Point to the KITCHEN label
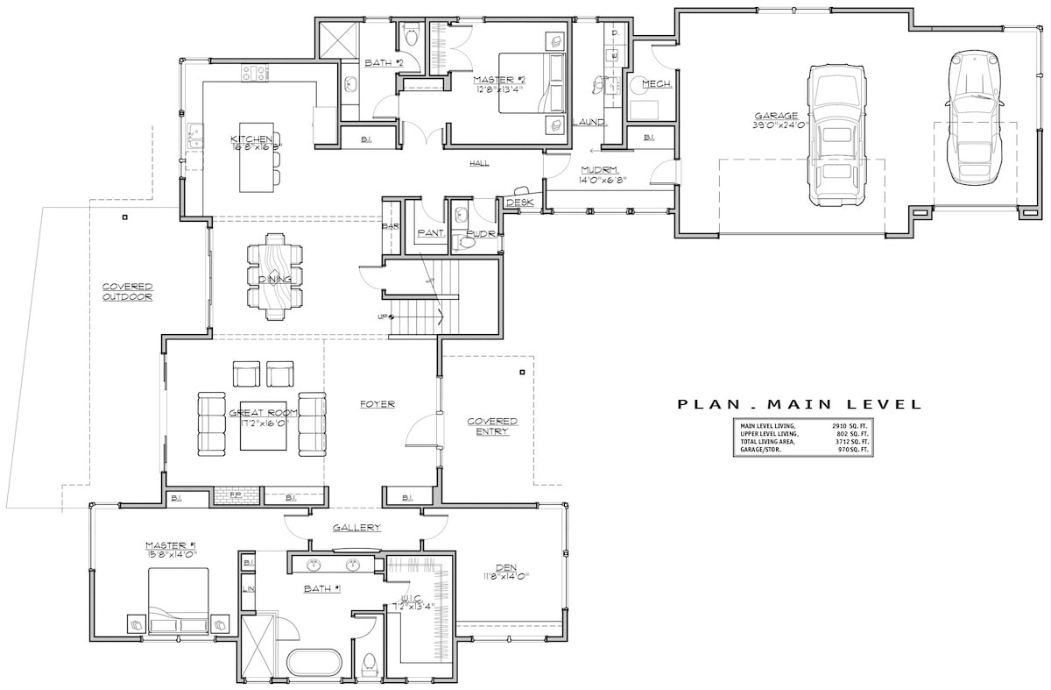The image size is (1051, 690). pyautogui.click(x=245, y=140)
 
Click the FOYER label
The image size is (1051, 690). pyautogui.click(x=377, y=404)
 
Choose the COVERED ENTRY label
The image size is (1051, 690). pyautogui.click(x=492, y=427)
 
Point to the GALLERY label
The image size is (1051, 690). pyautogui.click(x=356, y=528)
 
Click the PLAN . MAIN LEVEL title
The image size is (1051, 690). pyautogui.click(x=800, y=404)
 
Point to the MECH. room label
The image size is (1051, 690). pyautogui.click(x=657, y=84)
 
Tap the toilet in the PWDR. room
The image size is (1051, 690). pyautogui.click(x=467, y=241)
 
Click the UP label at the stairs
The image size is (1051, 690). pyautogui.click(x=383, y=317)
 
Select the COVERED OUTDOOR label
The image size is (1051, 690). pyautogui.click(x=128, y=292)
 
